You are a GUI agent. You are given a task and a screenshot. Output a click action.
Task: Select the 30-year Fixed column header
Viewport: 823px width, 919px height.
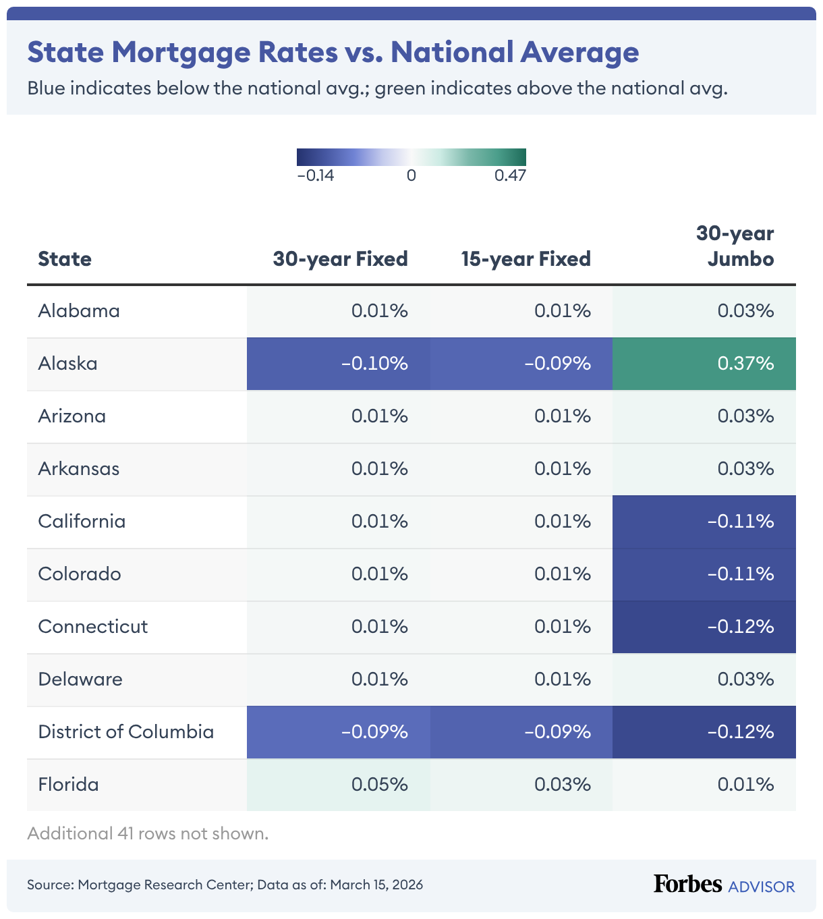340,259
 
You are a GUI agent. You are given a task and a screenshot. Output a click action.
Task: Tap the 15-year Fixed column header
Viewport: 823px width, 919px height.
526,259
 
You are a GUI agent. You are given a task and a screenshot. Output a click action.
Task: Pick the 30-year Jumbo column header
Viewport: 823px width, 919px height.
735,246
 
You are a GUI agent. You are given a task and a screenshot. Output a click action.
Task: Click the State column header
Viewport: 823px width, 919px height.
65,259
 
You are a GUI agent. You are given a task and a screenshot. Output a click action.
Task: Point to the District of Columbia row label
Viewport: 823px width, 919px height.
125,732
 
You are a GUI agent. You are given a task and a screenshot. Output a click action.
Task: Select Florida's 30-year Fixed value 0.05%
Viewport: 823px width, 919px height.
379,785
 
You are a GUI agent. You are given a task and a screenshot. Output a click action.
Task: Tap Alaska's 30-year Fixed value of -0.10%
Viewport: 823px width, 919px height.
374,364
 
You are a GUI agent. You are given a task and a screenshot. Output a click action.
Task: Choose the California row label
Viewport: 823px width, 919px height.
82,522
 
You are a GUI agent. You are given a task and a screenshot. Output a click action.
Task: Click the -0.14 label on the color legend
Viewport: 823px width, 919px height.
316,176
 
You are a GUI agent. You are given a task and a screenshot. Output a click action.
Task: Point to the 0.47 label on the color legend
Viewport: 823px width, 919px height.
510,176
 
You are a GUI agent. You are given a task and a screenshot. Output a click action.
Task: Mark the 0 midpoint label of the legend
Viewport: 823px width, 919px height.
412,176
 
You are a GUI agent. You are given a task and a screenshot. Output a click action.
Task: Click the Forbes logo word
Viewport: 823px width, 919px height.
687,884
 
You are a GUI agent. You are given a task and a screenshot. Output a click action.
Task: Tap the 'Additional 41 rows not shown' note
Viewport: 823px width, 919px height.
148,834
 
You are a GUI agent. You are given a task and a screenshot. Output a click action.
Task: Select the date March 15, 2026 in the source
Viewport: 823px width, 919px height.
376,885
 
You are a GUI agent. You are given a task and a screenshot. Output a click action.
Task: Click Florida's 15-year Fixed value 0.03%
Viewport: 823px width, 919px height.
563,785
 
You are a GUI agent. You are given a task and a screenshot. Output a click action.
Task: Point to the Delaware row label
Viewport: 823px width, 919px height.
80,679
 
